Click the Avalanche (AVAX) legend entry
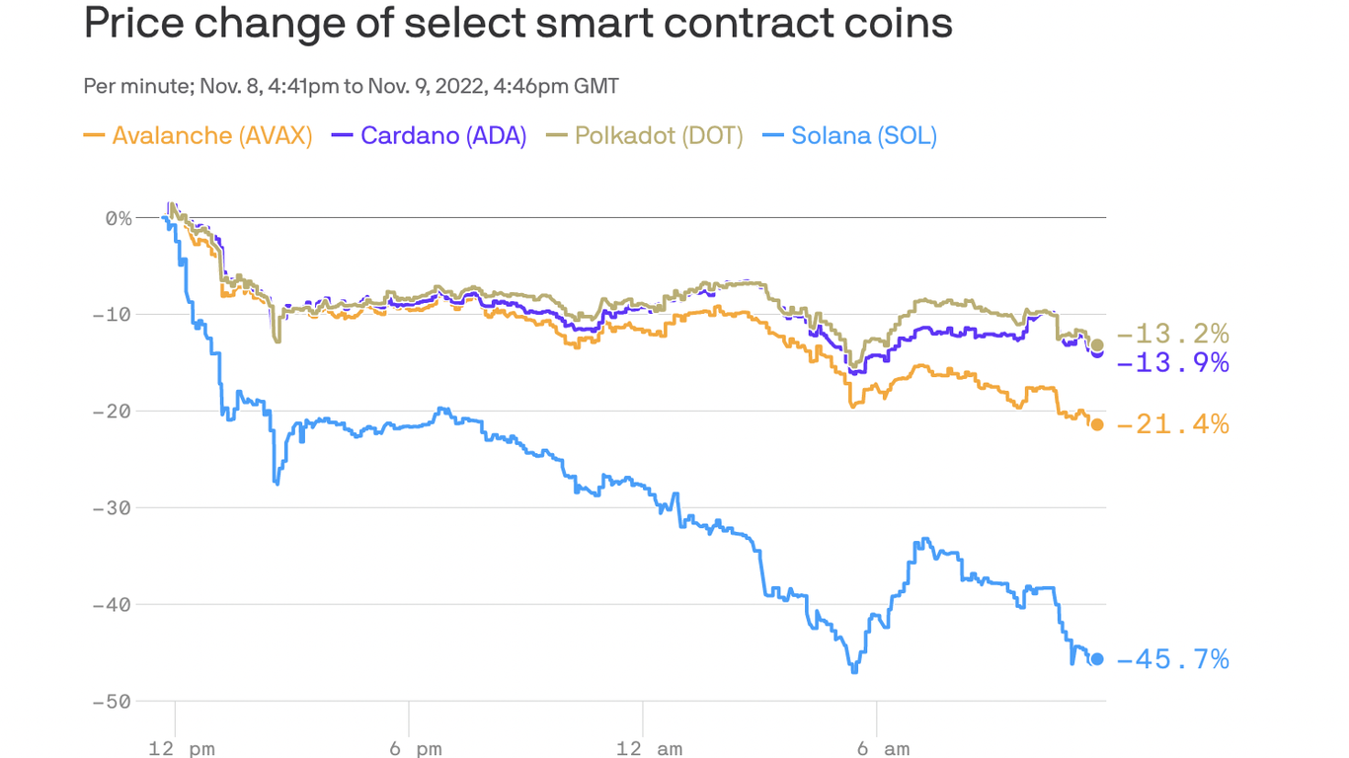tap(198, 135)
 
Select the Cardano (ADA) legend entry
tap(430, 135)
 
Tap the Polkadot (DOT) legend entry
tap(645, 135)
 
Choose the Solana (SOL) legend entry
tap(850, 135)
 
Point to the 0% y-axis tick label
tap(119, 218)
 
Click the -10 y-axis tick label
tap(112, 315)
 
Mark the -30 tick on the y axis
tap(112, 508)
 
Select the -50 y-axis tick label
tap(112, 702)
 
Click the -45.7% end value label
tap(1173, 659)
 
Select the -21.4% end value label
tap(1173, 425)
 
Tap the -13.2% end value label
tap(1173, 334)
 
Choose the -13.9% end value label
tap(1173, 363)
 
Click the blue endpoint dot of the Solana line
tap(1097, 659)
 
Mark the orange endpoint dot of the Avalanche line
tap(1097, 424)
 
